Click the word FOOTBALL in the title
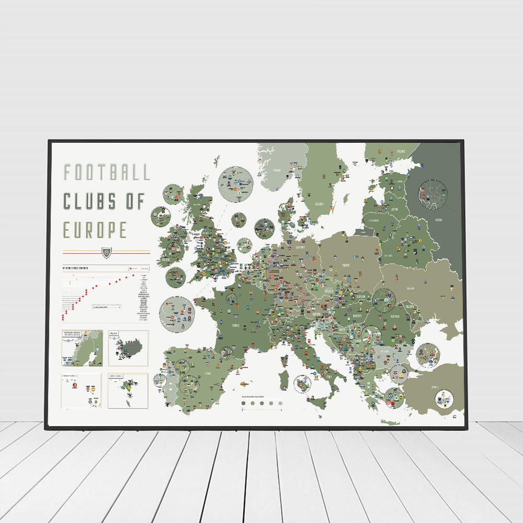tap(106, 172)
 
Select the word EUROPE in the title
tap(95, 229)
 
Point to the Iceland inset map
tap(129, 348)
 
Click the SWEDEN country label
tap(320, 204)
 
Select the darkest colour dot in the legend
tap(243, 403)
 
